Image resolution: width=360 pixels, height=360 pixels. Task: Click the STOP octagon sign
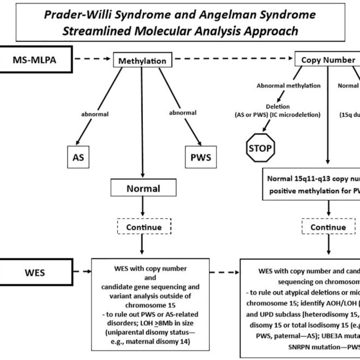tap(260, 147)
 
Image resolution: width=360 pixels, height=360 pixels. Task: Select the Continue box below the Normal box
tap(143, 227)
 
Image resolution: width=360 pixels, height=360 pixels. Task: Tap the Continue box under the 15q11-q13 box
tap(328, 227)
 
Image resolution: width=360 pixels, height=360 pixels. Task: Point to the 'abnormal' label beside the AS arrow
tap(94, 115)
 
